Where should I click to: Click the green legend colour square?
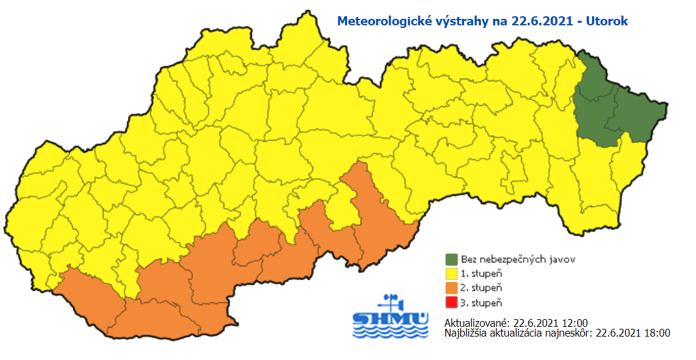[452, 259]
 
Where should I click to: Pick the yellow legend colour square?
[452, 274]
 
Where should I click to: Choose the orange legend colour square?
[452, 288]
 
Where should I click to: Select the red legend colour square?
[452, 302]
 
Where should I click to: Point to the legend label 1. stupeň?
[482, 274]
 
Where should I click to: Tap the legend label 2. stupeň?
[482, 288]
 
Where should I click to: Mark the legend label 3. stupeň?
[482, 302]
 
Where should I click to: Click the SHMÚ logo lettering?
[391, 319]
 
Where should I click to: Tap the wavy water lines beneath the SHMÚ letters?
[391, 331]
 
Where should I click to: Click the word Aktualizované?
[476, 323]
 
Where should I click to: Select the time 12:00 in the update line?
[575, 323]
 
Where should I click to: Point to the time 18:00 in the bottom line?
[657, 333]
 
